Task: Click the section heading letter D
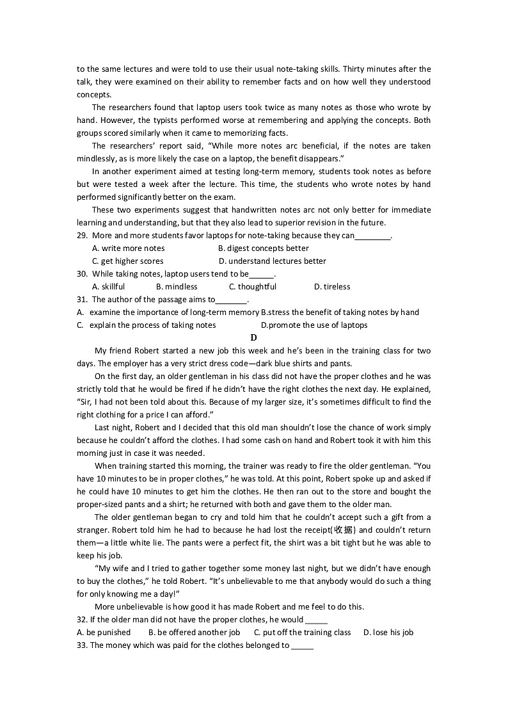pyautogui.click(x=254, y=337)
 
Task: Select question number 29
pyautogui.click(x=82, y=236)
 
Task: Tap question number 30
pyautogui.click(x=82, y=274)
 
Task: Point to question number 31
pyautogui.click(x=82, y=300)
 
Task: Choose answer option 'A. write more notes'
pyautogui.click(x=128, y=248)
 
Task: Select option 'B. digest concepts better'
pyautogui.click(x=264, y=248)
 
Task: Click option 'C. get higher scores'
pyautogui.click(x=127, y=261)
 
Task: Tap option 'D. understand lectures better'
pyautogui.click(x=273, y=261)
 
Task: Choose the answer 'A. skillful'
pyautogui.click(x=109, y=287)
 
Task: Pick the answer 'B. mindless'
pyautogui.click(x=177, y=287)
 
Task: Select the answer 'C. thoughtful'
pyautogui.click(x=253, y=287)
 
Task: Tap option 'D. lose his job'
pyautogui.click(x=388, y=633)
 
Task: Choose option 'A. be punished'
pyautogui.click(x=104, y=633)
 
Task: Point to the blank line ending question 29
pyautogui.click(x=372, y=237)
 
